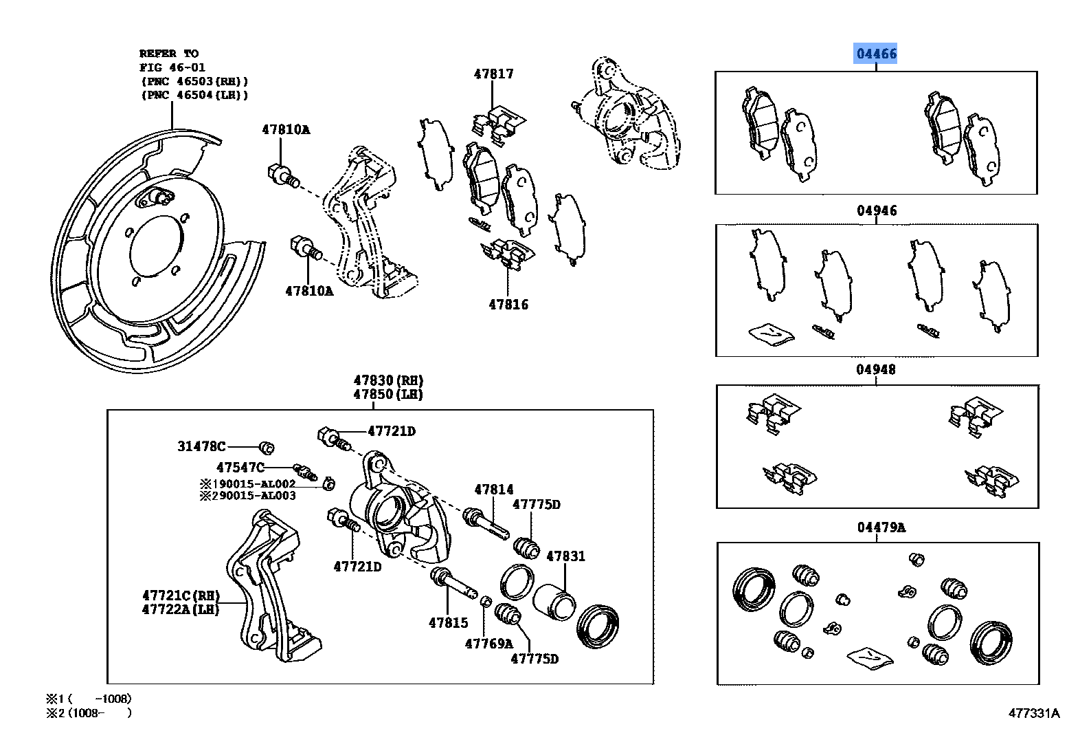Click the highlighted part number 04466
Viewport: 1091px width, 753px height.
[x=875, y=54]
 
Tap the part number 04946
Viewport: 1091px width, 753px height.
[x=876, y=211]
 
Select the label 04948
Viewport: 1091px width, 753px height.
[x=875, y=370]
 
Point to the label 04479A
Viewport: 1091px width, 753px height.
[x=881, y=527]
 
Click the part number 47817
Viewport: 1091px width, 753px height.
[x=493, y=74]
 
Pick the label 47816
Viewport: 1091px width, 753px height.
[x=508, y=304]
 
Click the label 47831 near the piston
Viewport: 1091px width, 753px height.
[x=565, y=556]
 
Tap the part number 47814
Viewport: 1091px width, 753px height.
[x=493, y=490]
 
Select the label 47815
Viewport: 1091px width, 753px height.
[x=448, y=622]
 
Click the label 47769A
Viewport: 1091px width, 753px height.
[x=488, y=644]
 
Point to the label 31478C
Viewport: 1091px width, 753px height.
[x=201, y=447]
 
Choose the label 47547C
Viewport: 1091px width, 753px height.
[x=240, y=468]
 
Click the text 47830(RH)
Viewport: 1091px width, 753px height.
[x=388, y=380]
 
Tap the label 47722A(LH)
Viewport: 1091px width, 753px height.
[x=180, y=609]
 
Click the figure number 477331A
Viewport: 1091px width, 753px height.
[x=1034, y=713]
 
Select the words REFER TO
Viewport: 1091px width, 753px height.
[x=168, y=54]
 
